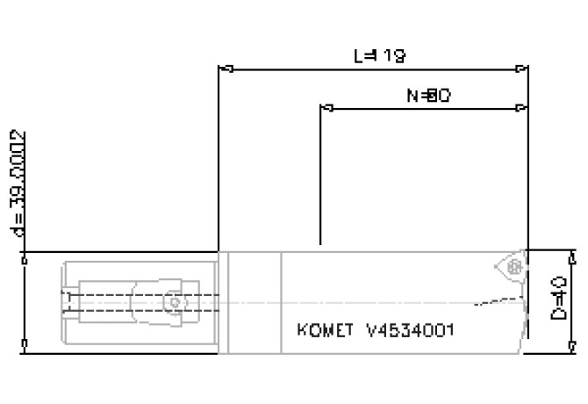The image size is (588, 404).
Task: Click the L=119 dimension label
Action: (379, 55)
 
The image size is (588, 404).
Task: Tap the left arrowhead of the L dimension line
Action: (223, 68)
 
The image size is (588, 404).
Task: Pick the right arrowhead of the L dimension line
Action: (523, 68)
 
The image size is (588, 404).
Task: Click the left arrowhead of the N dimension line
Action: (327, 109)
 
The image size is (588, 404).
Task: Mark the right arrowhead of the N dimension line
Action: (522, 109)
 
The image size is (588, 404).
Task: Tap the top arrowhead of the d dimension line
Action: (24, 257)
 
